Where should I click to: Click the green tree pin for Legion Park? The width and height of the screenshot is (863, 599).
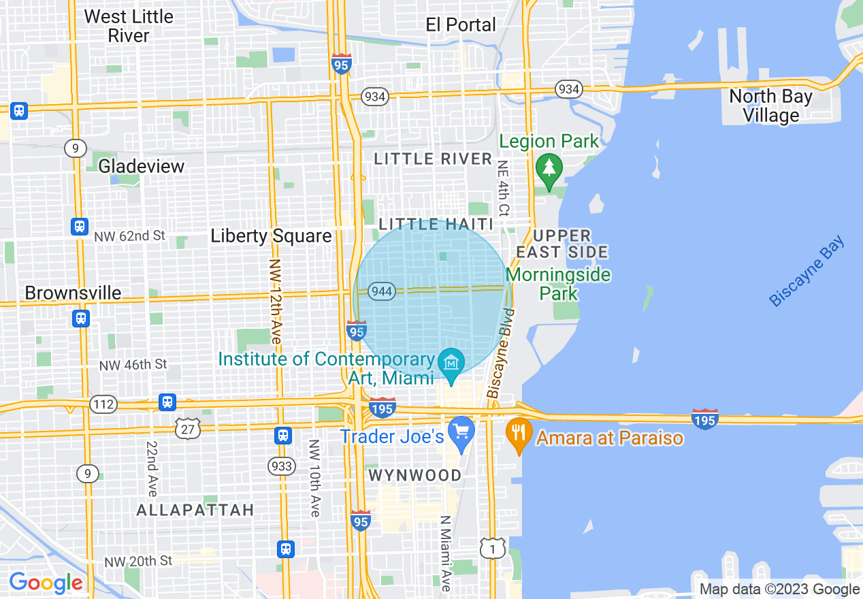pos(549,167)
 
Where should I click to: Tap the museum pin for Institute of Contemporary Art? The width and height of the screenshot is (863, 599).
pos(451,361)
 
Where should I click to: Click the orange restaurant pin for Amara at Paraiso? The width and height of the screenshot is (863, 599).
pos(519,432)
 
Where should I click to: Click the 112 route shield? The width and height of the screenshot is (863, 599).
pos(103,405)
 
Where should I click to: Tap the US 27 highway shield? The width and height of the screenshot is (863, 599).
pos(187,428)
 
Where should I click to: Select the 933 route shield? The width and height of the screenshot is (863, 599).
pos(281,466)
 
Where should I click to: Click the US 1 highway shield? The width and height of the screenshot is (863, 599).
pos(492,547)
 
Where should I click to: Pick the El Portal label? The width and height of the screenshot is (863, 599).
pos(461,25)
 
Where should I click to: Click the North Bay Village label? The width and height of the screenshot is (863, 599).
pos(770,106)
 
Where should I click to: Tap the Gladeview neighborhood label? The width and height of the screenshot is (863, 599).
pos(142,166)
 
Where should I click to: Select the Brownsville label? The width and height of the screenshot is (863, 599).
pos(74,293)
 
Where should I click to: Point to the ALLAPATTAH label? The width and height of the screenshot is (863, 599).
pos(195,510)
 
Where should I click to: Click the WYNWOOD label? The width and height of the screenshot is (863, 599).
pos(415,476)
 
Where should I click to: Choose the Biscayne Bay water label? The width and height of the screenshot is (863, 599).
pos(807,271)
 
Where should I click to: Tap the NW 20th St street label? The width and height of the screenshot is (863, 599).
pos(138,561)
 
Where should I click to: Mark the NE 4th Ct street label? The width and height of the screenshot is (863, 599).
pos(504,188)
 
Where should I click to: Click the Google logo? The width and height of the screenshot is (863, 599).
pos(46,583)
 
